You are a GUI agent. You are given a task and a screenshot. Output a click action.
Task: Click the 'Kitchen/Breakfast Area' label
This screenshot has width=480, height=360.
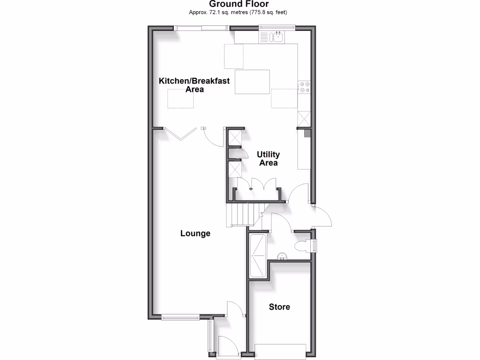(x=194, y=85)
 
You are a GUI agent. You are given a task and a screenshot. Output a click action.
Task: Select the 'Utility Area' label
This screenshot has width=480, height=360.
(x=268, y=158)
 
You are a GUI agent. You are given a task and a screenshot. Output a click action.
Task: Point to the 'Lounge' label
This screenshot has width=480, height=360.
(x=195, y=233)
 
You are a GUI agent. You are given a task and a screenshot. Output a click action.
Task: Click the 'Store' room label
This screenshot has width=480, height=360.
(x=279, y=307)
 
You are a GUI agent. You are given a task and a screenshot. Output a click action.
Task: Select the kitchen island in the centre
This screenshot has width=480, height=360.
(x=252, y=82)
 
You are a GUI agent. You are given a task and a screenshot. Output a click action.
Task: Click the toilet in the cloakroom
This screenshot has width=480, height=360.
(x=303, y=245)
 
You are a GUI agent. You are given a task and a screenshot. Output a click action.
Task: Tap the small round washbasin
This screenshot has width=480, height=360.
(x=282, y=256)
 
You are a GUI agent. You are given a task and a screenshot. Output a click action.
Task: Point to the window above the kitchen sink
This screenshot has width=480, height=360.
(x=274, y=27)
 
